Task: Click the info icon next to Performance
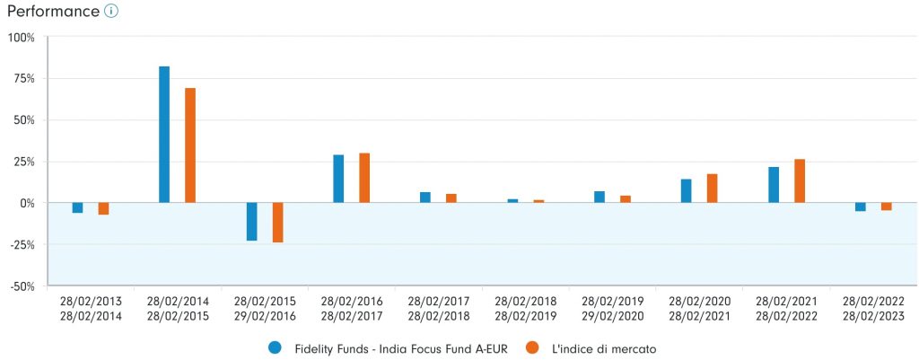(x=110, y=12)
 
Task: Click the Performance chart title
(x=52, y=12)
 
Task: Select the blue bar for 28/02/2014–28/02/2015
(x=164, y=135)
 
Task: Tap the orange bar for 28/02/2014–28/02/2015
(x=190, y=145)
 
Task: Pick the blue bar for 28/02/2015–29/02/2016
(x=252, y=222)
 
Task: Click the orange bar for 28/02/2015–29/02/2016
(x=277, y=223)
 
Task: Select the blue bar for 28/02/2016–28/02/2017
(x=338, y=179)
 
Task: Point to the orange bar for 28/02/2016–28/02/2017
(x=364, y=178)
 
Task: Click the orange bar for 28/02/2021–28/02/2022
(x=800, y=181)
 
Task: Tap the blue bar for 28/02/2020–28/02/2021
(x=687, y=191)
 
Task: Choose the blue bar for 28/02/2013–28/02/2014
(x=77, y=207)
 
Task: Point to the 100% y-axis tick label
(x=21, y=38)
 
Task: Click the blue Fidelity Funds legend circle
(x=275, y=347)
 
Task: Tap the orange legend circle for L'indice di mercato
(x=530, y=347)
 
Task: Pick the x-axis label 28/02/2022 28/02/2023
(x=873, y=309)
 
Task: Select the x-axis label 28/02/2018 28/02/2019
(x=526, y=309)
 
